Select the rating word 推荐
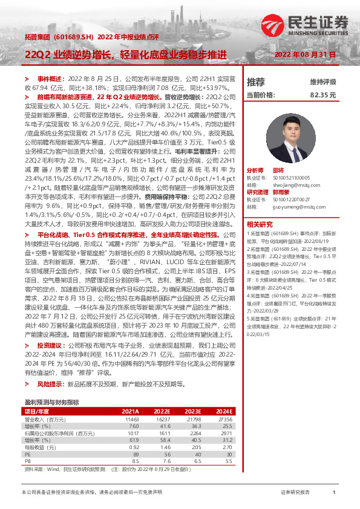click(x=256, y=82)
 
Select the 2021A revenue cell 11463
click(x=132, y=418)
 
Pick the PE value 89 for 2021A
click(x=136, y=453)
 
